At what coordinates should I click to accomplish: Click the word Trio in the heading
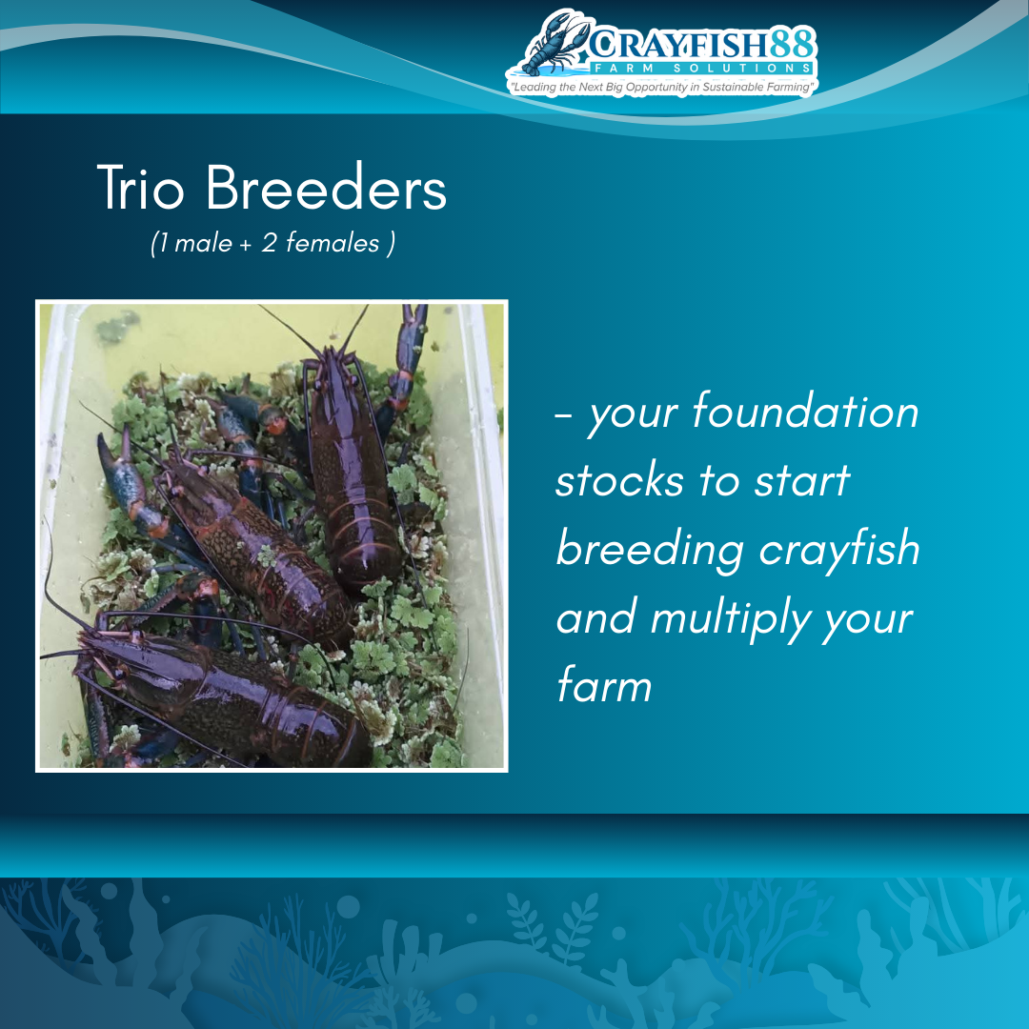tap(140, 189)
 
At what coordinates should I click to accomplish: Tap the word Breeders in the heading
tap(326, 189)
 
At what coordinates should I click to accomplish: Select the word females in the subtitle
tap(333, 243)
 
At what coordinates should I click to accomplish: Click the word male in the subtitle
tap(204, 244)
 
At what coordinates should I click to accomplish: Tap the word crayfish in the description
tap(839, 550)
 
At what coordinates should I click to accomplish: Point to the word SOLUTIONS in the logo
tap(742, 69)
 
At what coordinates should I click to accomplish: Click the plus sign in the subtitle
tap(246, 245)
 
